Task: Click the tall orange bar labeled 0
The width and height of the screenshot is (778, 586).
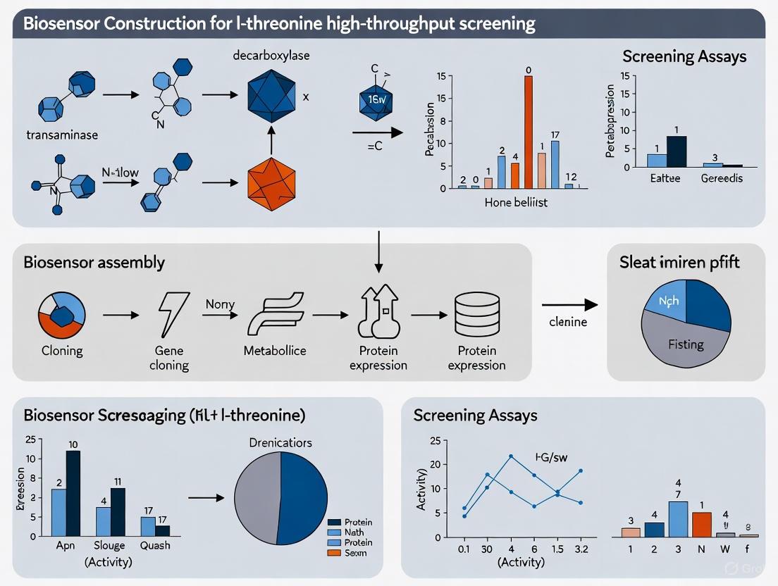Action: [528, 132]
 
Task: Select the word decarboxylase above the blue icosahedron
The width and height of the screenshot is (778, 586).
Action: [271, 56]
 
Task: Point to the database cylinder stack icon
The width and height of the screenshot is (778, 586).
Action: [476, 314]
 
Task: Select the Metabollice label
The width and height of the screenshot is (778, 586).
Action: [275, 351]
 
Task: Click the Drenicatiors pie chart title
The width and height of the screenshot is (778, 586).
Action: [280, 442]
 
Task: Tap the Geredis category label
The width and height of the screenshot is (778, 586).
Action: [722, 178]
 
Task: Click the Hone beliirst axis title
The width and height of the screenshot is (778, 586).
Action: [517, 203]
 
